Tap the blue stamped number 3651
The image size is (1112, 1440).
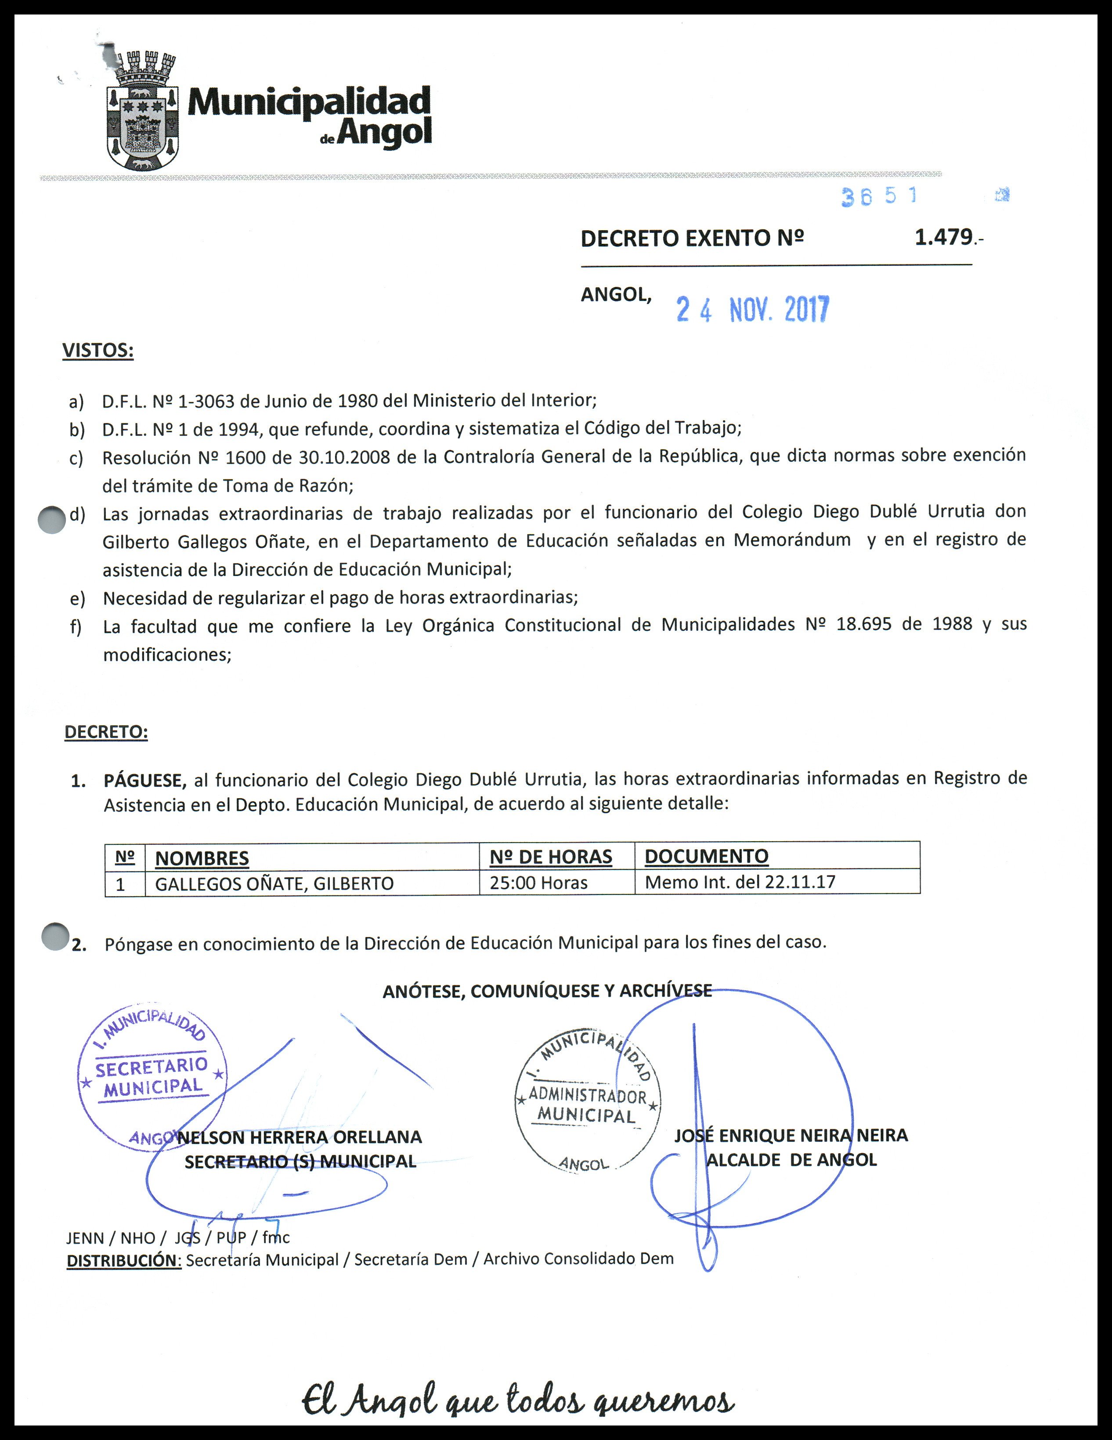click(878, 196)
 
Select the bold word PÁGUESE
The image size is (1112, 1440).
click(144, 781)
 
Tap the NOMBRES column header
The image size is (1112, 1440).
click(202, 858)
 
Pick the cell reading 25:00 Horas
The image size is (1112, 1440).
click(538, 883)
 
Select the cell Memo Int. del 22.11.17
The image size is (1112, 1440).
click(740, 882)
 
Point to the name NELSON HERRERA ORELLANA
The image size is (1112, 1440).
click(300, 1137)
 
